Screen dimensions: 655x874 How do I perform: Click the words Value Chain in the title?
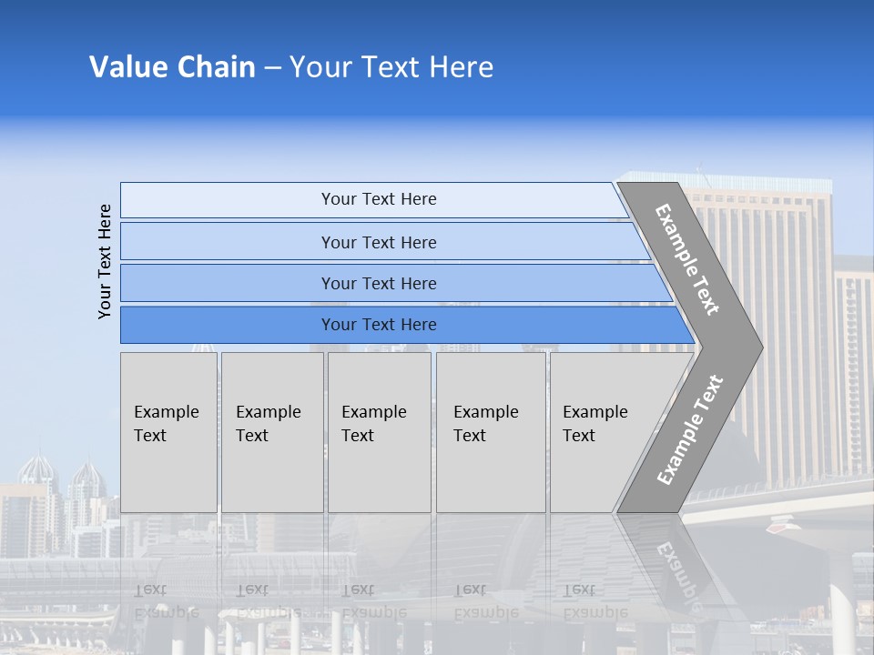(x=172, y=67)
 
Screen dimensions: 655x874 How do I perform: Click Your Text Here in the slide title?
(x=391, y=67)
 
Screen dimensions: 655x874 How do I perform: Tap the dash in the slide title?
(x=272, y=68)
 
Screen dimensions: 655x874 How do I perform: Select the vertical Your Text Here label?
(x=105, y=261)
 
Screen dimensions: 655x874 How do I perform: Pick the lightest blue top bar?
(x=378, y=199)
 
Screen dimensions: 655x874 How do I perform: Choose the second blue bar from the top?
(x=378, y=242)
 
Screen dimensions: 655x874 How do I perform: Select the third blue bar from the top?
(x=378, y=283)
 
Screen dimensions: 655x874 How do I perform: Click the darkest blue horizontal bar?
(x=378, y=325)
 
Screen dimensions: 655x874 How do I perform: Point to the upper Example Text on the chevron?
(x=688, y=259)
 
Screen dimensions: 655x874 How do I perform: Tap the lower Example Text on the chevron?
(x=690, y=429)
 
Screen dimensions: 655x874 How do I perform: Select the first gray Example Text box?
(x=168, y=432)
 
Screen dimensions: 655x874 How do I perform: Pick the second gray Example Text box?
(x=272, y=432)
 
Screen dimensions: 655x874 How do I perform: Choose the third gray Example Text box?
(x=379, y=432)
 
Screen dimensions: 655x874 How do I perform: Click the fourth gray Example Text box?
(x=491, y=432)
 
